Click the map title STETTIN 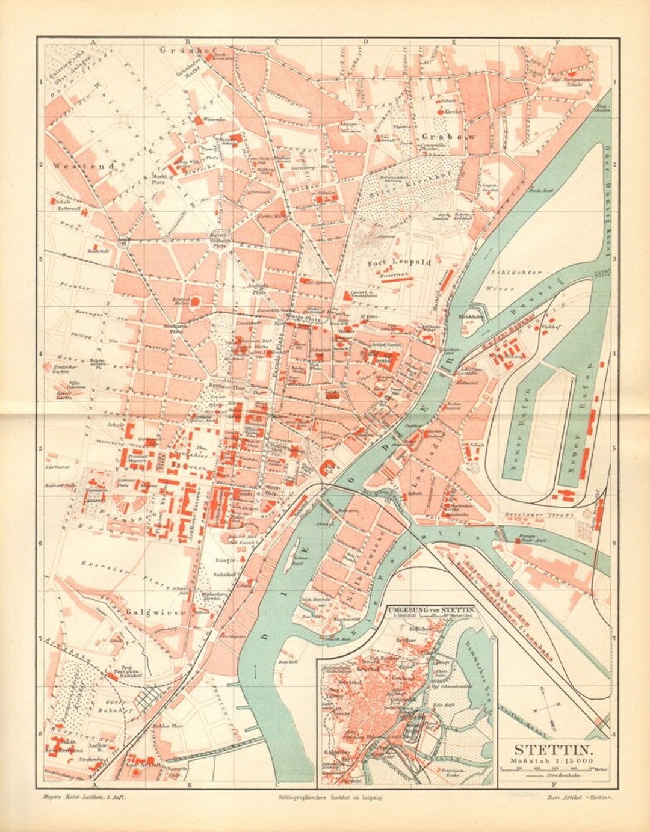coord(554,750)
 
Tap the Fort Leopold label coord(399,263)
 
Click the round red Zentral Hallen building coord(194,301)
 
